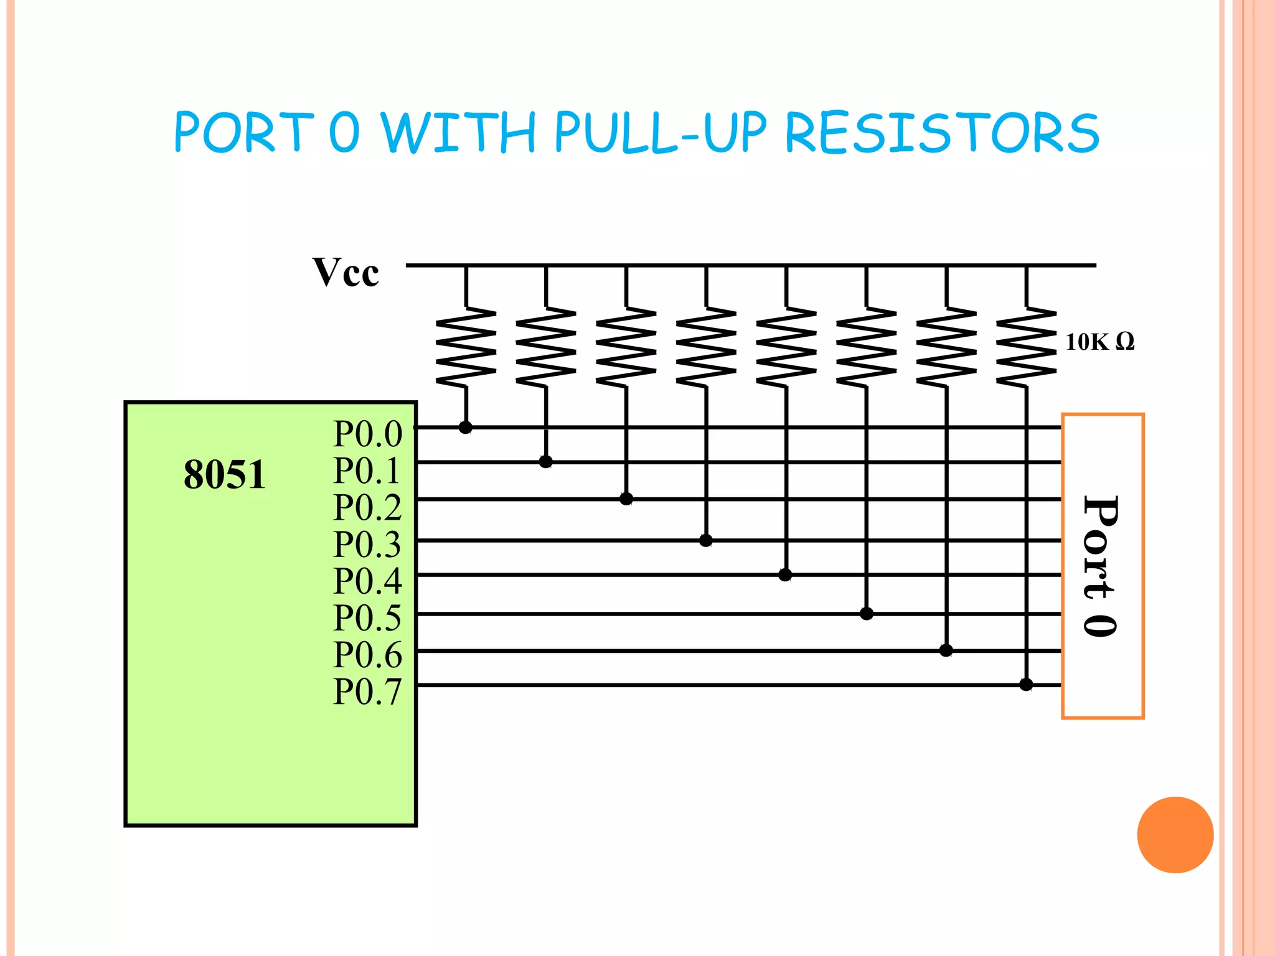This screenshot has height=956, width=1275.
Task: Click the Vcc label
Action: point(346,272)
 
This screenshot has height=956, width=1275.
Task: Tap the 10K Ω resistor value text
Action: point(1099,342)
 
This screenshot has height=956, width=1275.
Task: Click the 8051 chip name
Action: point(224,474)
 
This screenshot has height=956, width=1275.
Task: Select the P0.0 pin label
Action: point(367,433)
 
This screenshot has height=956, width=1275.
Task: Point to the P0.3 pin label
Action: point(367,544)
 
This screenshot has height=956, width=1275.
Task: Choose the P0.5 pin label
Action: point(367,617)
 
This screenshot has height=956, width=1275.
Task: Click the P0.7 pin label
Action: point(367,691)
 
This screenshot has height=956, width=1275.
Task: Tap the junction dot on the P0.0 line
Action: point(466,427)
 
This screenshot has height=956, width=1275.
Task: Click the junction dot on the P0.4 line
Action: point(785,574)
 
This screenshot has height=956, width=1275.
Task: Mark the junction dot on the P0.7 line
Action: point(1026,685)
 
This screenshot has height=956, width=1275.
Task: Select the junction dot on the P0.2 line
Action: point(626,499)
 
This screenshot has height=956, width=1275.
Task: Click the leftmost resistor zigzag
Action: point(466,347)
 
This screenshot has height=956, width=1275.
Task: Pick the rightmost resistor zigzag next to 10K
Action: point(1026,347)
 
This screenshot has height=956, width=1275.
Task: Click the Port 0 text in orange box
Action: point(1101,566)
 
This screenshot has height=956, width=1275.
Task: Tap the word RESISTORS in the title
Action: point(942,133)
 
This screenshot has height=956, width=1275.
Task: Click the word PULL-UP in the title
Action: point(660,133)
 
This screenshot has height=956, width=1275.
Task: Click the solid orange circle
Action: point(1175,835)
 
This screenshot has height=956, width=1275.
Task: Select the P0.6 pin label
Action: point(367,654)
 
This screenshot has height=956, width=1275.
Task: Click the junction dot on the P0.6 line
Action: point(946,650)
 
